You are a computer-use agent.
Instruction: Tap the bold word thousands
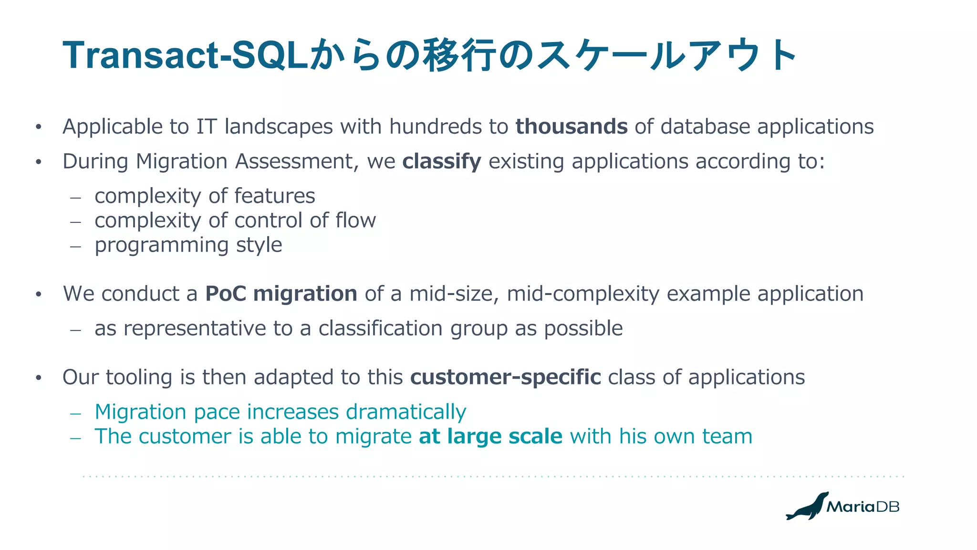pyautogui.click(x=572, y=127)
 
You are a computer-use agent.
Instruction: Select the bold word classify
pyautogui.click(x=442, y=161)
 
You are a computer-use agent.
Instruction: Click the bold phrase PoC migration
pyautogui.click(x=281, y=294)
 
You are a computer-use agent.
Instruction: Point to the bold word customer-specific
pyautogui.click(x=505, y=377)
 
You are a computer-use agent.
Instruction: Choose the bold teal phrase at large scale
pyautogui.click(x=490, y=436)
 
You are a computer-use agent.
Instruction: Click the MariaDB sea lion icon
pyautogui.click(x=807, y=507)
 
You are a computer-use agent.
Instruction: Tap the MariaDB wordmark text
pyautogui.click(x=863, y=507)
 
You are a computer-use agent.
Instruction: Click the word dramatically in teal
pyautogui.click(x=406, y=412)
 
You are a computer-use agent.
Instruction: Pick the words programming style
pyautogui.click(x=188, y=245)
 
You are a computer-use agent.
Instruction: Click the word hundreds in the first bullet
pyautogui.click(x=435, y=127)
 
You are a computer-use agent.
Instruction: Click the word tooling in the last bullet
pyautogui.click(x=139, y=377)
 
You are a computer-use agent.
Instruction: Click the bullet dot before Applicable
pyautogui.click(x=39, y=127)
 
